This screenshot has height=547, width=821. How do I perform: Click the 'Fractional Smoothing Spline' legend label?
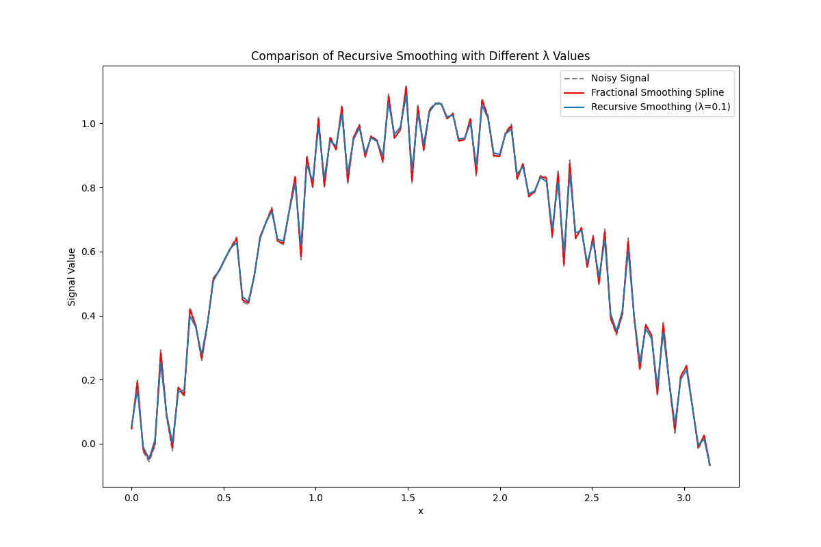click(657, 92)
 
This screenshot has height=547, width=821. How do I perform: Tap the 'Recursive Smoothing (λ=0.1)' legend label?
click(662, 107)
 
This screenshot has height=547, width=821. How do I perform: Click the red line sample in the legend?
click(575, 92)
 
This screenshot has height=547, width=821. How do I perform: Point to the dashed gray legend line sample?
click(575, 78)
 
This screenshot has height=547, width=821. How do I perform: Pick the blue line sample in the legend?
click(575, 107)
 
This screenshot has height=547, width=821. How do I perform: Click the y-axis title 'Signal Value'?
click(72, 277)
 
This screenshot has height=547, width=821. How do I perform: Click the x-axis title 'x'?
click(421, 511)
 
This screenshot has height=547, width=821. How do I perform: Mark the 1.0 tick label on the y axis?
click(89, 124)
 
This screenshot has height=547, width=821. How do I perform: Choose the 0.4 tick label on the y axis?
click(89, 316)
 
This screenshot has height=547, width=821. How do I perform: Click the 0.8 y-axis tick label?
click(89, 188)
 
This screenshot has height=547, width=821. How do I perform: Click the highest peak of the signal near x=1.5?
click(406, 88)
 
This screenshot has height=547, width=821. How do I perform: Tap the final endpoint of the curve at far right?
click(709, 465)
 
